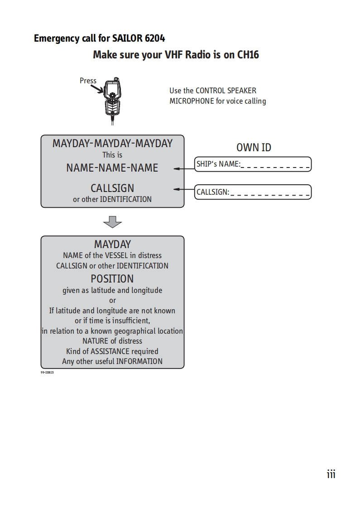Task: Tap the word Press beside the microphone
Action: (x=88, y=81)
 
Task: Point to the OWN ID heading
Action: (x=254, y=147)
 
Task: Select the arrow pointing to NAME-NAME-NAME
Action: (x=184, y=168)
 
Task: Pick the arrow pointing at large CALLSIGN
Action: (x=184, y=189)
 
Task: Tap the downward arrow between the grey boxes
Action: (x=112, y=222)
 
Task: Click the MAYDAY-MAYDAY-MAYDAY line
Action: (x=112, y=144)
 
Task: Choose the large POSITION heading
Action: (x=112, y=278)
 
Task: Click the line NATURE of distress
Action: (x=112, y=341)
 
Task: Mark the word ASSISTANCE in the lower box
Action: (x=110, y=351)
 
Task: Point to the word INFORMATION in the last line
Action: (x=139, y=361)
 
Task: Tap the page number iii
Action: (x=331, y=474)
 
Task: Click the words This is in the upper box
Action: (x=112, y=155)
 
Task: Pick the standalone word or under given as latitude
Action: (x=112, y=300)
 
